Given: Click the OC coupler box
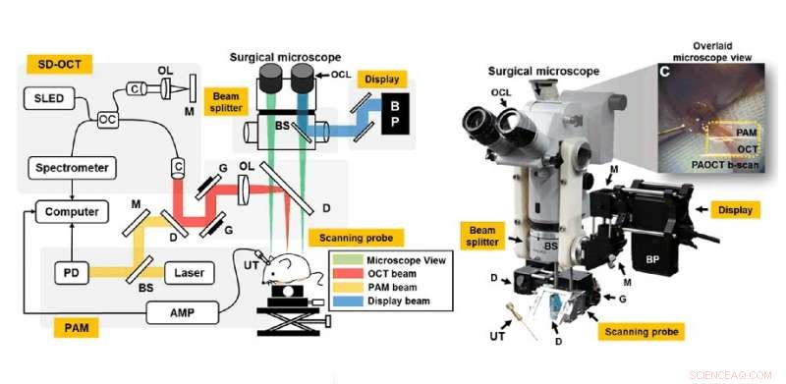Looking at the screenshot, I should (107, 118).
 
